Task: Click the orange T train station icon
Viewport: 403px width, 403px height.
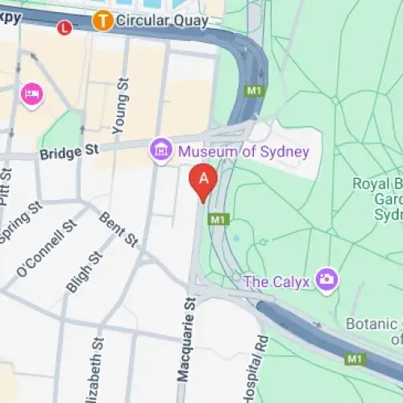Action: coord(102,20)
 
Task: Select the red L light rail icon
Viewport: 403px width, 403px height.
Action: coord(65,28)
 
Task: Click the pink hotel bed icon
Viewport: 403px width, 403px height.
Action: coord(33,93)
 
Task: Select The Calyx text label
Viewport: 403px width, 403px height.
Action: coord(279,281)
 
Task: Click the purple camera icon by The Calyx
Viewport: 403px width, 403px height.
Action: coord(327,280)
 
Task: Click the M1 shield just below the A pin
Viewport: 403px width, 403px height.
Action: coord(217,219)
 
